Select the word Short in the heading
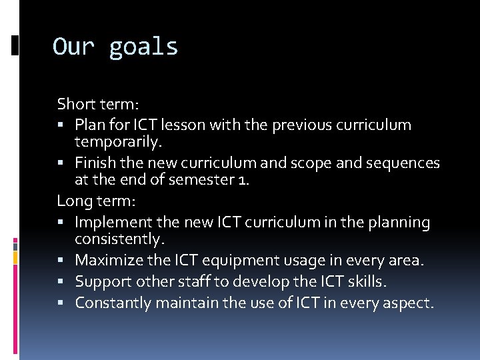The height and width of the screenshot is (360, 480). pyautogui.click(x=75, y=104)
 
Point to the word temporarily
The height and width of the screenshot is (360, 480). pyautogui.click(x=119, y=142)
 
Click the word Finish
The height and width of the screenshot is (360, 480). pyautogui.click(x=95, y=163)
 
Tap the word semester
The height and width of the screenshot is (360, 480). pyautogui.click(x=201, y=181)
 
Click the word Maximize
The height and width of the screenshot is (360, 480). pyautogui.click(x=107, y=260)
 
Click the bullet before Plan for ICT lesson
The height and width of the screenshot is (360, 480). pyautogui.click(x=61, y=125)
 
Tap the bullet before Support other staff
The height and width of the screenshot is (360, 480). pyautogui.click(x=61, y=282)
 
